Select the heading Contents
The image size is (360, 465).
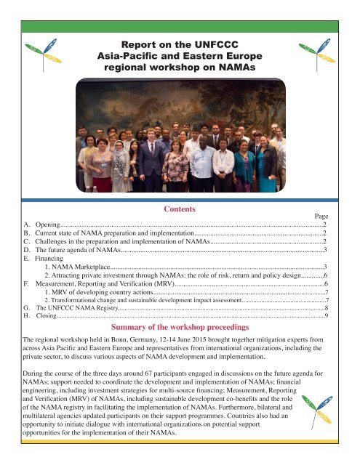(180, 209)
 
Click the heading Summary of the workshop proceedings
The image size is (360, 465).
(180, 328)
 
